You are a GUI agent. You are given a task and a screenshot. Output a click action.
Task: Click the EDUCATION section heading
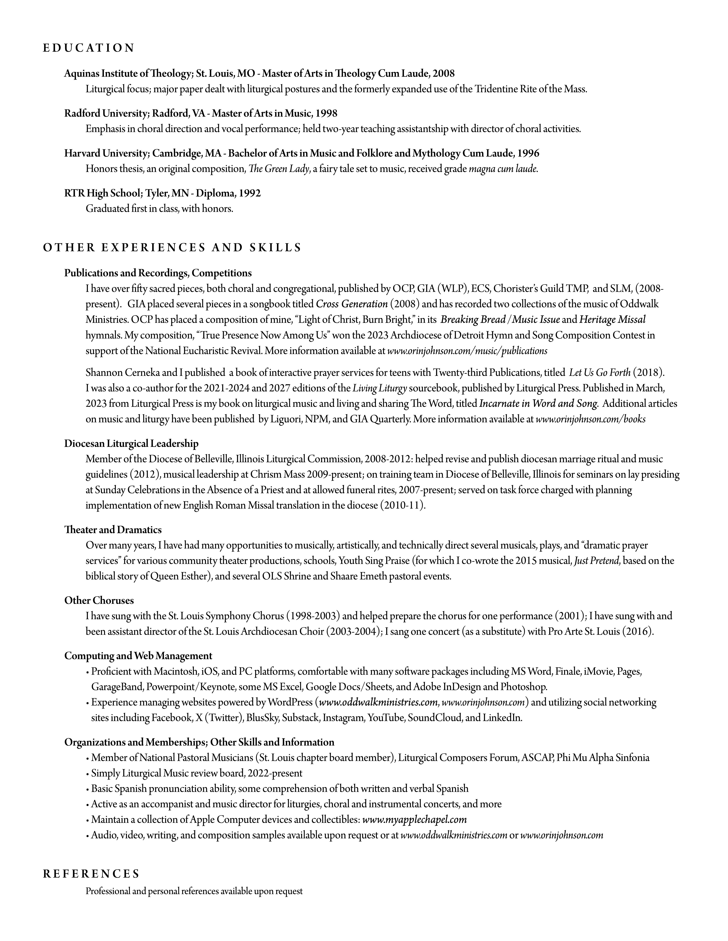tap(89, 48)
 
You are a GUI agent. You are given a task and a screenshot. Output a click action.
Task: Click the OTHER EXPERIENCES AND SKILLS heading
tap(172, 248)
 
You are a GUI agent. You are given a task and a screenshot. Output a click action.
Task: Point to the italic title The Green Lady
tap(279, 169)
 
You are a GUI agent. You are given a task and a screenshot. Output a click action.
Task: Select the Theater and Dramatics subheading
tap(113, 530)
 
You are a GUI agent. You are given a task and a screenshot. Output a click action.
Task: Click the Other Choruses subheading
tap(99, 600)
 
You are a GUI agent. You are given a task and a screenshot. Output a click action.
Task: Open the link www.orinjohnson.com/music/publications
tap(467, 351)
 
